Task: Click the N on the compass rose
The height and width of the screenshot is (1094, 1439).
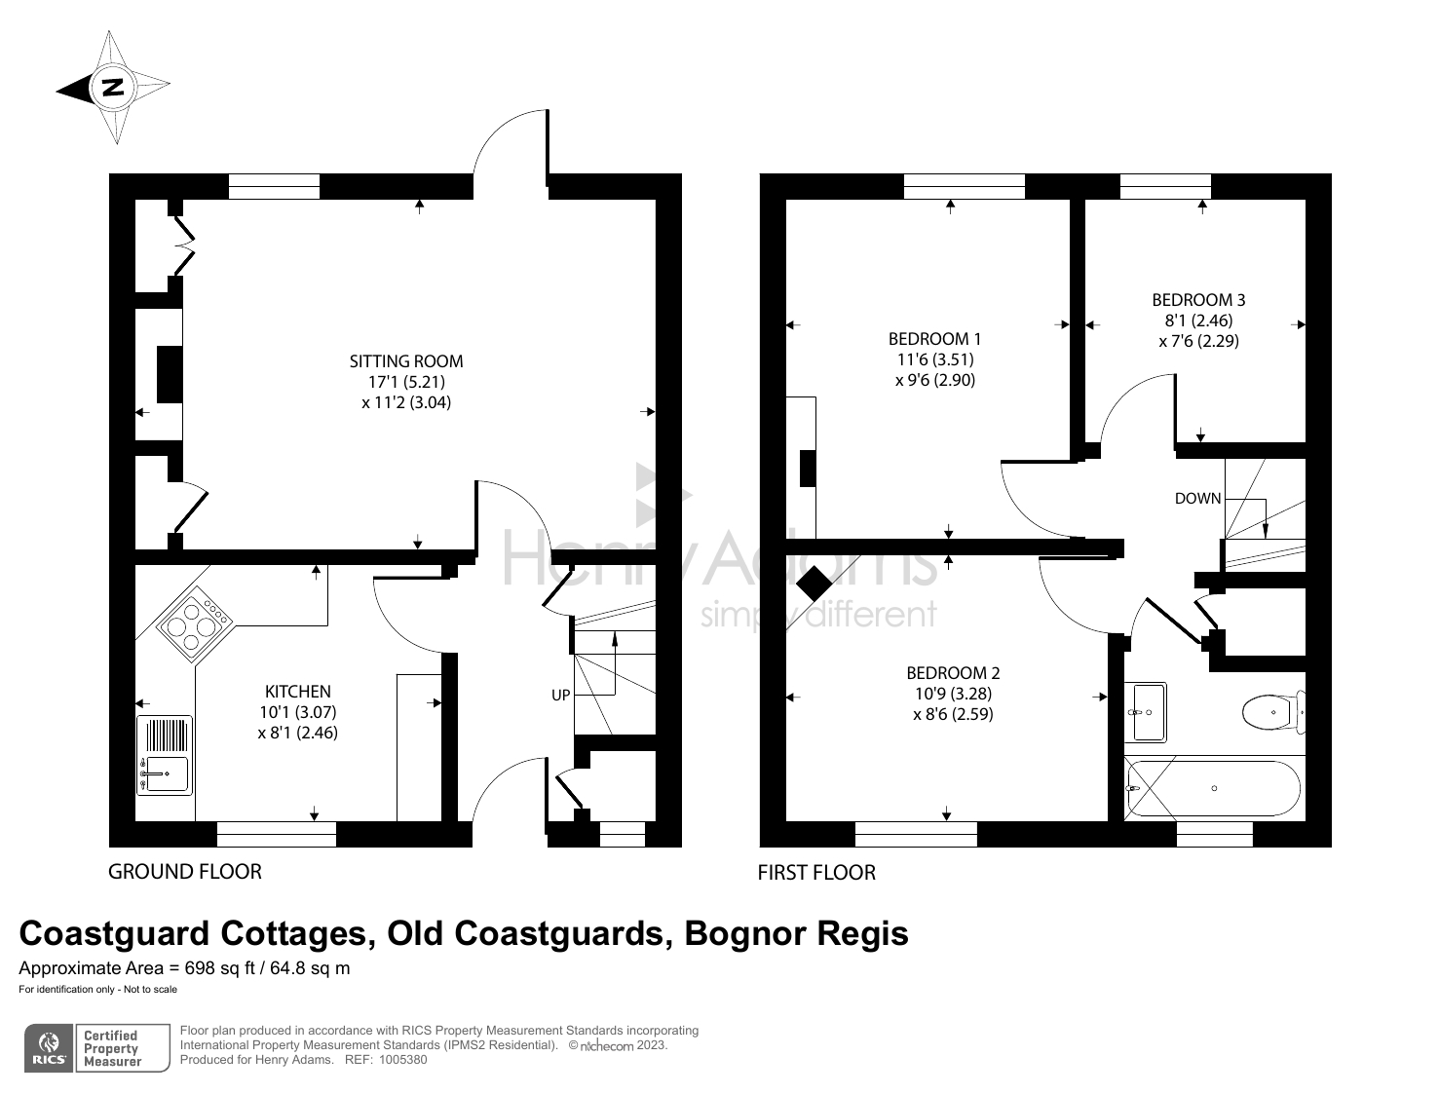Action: tap(114, 87)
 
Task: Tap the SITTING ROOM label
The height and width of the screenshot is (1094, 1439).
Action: tap(406, 361)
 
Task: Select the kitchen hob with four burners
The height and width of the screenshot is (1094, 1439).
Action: tap(195, 623)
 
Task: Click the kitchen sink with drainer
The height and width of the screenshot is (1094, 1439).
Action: tap(165, 755)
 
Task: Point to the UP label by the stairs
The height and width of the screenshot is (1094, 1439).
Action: tap(560, 695)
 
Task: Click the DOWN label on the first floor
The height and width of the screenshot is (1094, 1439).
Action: tap(1197, 498)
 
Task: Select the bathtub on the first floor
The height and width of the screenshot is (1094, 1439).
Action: tap(1214, 788)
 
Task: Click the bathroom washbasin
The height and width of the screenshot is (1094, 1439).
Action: tap(1146, 712)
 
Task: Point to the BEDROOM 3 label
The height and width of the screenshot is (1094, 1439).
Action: tap(1198, 300)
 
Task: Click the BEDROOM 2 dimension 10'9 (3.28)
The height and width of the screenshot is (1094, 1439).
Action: tap(953, 694)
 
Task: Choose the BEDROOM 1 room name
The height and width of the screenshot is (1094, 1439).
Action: tap(934, 339)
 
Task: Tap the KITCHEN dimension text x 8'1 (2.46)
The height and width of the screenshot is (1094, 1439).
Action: tap(297, 733)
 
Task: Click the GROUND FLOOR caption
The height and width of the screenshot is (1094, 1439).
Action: tap(185, 871)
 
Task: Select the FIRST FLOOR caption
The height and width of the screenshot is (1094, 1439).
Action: tap(816, 873)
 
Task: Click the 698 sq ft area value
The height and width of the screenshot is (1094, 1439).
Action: tap(219, 968)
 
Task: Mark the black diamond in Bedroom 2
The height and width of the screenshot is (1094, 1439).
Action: tap(814, 584)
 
